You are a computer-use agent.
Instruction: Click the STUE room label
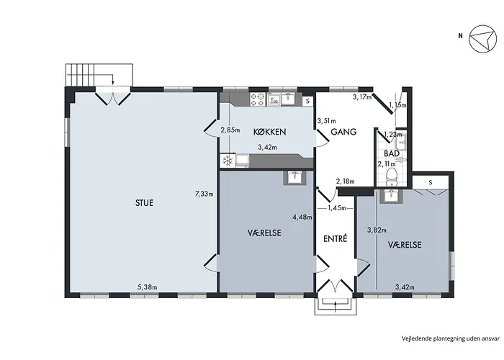coord(144,203)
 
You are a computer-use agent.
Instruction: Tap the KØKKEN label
coord(270,132)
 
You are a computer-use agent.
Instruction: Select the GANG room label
coord(343,132)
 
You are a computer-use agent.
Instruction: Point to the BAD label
coord(392,153)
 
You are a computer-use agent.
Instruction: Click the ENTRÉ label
coord(336,238)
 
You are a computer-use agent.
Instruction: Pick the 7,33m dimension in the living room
coord(204,194)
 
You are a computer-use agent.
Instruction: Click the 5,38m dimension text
coord(147,287)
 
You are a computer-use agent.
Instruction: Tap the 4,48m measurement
coord(302,217)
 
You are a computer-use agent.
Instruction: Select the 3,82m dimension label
coord(377,230)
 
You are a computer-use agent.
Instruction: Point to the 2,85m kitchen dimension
coord(230,130)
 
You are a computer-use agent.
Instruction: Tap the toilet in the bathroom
coord(392,176)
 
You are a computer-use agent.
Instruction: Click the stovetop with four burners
coord(258,99)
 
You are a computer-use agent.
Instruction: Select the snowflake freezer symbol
coord(228,161)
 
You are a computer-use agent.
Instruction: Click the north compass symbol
coord(483,39)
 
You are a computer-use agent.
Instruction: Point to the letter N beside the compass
coord(461,36)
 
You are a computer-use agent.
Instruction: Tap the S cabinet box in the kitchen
coord(307,101)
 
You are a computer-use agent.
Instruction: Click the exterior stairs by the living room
coord(99,75)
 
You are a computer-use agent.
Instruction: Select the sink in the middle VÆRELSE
coord(294,177)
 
